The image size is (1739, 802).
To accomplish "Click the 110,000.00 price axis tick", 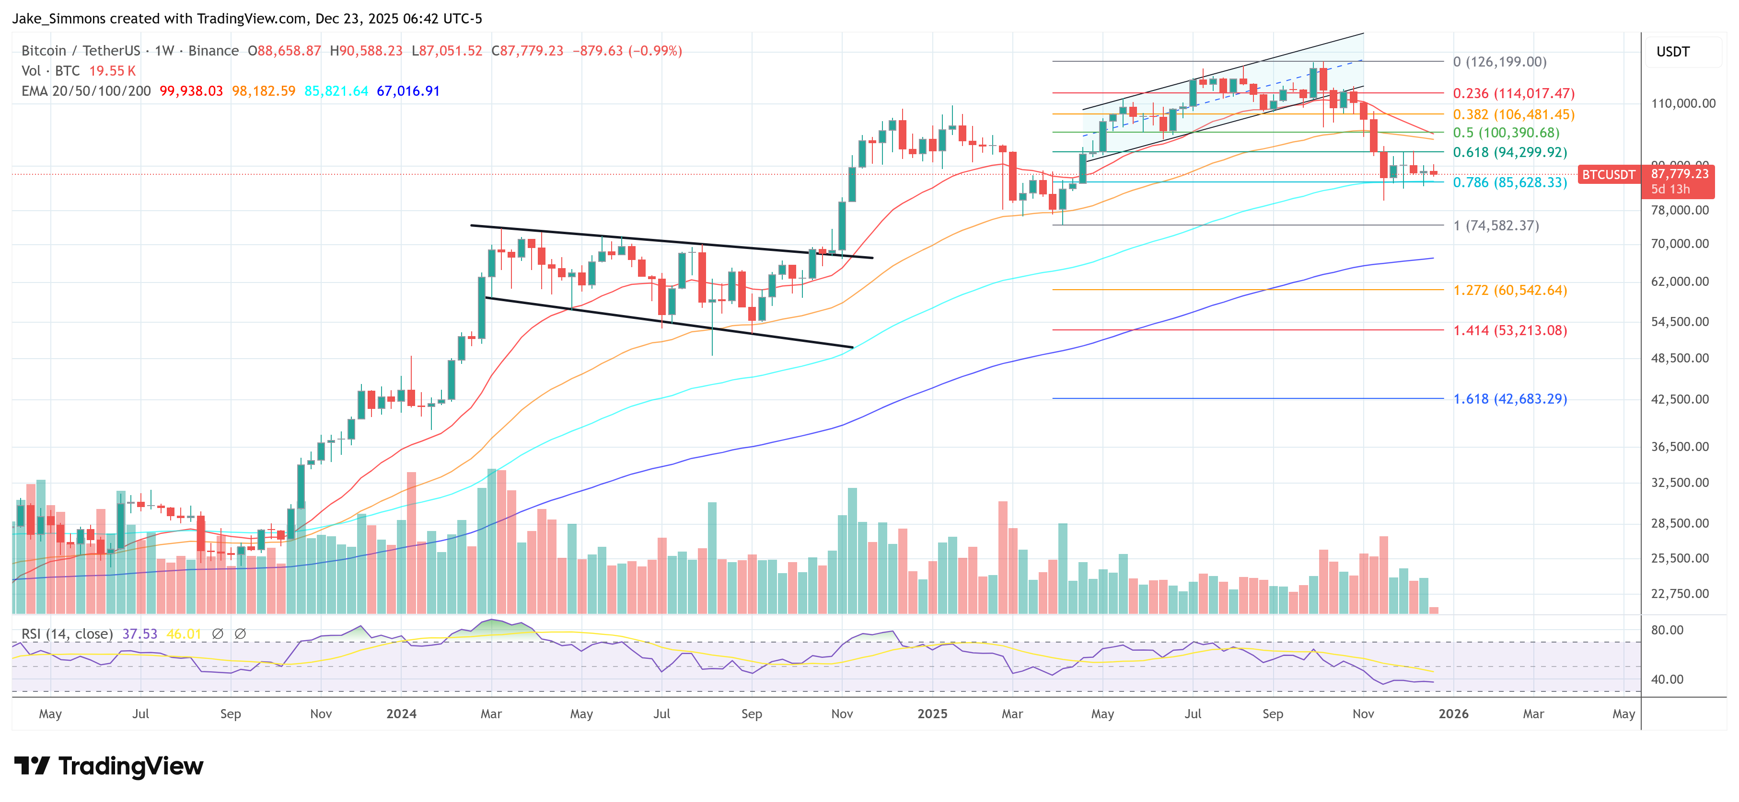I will [1683, 103].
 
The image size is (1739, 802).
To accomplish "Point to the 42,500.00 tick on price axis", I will [1680, 399].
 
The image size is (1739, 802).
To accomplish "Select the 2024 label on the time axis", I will [401, 713].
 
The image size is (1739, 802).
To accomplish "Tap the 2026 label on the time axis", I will [1453, 713].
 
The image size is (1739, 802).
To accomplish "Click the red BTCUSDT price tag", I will [1609, 175].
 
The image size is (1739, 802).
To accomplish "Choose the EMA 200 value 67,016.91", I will [408, 90].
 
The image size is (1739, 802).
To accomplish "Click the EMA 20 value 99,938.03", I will [191, 90].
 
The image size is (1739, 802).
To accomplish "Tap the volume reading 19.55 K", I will [112, 71].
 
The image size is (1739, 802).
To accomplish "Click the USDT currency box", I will [1673, 52].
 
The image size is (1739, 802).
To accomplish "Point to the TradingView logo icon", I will [31, 766].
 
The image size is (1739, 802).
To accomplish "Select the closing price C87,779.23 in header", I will [527, 51].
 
